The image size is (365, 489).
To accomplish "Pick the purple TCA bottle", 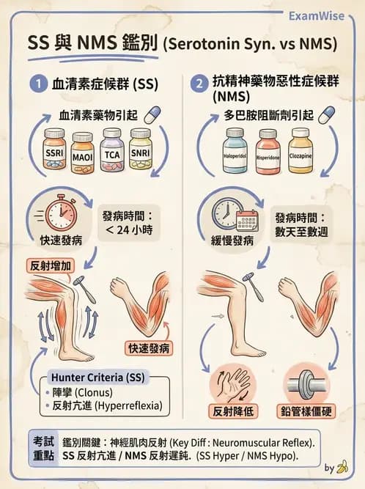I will tap(112, 152).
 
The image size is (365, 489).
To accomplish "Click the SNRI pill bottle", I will tap(140, 150).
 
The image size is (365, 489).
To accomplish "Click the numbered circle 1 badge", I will tap(38, 84).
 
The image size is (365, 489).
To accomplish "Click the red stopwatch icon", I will tap(59, 214).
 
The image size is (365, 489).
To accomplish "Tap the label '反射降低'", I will tap(232, 411).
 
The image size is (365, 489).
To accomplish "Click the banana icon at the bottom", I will tap(342, 466).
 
